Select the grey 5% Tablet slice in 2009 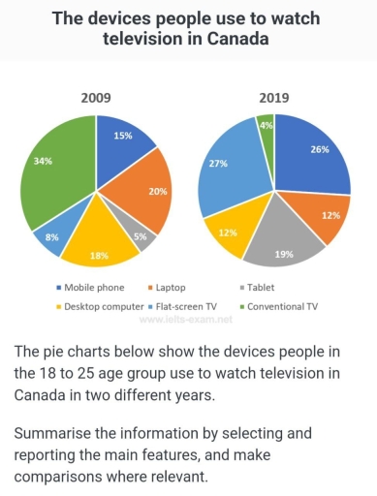tap(141, 234)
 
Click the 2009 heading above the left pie tap(96, 98)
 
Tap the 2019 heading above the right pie tap(274, 98)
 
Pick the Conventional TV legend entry tap(283, 305)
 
